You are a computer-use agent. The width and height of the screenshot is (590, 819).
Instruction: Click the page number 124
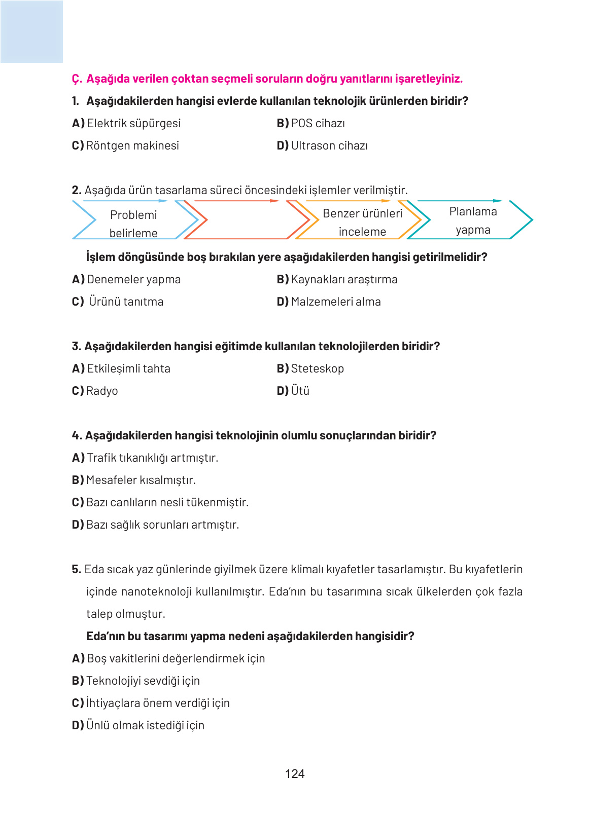tap(295, 773)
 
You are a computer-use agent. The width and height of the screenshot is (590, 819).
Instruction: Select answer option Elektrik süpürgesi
tap(133, 123)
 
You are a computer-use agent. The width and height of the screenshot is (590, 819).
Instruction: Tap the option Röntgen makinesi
tap(132, 145)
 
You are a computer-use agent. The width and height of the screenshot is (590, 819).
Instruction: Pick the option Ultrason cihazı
tap(329, 145)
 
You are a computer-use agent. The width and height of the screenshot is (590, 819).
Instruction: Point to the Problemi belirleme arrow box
tap(133, 224)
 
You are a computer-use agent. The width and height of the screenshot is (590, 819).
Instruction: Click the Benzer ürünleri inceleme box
tap(362, 222)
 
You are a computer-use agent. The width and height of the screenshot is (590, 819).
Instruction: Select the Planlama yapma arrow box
tap(472, 220)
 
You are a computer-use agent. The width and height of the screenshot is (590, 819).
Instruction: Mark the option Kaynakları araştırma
tap(343, 279)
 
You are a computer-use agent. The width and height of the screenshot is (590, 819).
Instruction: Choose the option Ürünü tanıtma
tap(125, 302)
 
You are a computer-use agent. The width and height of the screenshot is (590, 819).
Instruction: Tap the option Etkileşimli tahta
tap(128, 368)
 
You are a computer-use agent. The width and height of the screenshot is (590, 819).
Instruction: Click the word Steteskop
tap(317, 368)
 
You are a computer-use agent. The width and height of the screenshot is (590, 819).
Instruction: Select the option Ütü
tap(299, 391)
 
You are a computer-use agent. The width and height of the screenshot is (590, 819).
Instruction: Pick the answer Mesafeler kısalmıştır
tap(140, 480)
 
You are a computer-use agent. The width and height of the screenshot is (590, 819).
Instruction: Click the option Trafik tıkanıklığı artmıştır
tap(152, 458)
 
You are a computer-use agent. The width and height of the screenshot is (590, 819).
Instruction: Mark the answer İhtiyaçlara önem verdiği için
tap(157, 703)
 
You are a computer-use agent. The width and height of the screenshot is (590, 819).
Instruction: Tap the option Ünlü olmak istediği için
tap(145, 725)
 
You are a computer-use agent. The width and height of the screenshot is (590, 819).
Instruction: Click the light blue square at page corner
tap(31, 31)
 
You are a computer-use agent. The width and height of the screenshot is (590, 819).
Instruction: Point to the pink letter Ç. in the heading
tap(77, 79)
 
